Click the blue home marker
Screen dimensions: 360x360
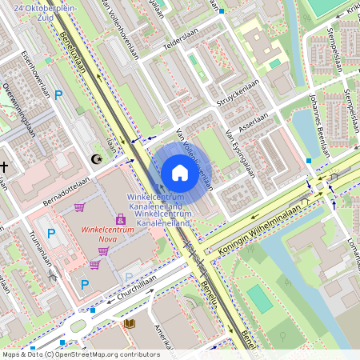pos(180,173)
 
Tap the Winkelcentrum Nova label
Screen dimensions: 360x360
pos(107,231)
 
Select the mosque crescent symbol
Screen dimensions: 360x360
pos(98,160)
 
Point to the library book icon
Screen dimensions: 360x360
pos(130,324)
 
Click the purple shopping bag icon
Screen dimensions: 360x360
pos(121,218)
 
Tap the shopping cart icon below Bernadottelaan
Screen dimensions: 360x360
pos(79,207)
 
